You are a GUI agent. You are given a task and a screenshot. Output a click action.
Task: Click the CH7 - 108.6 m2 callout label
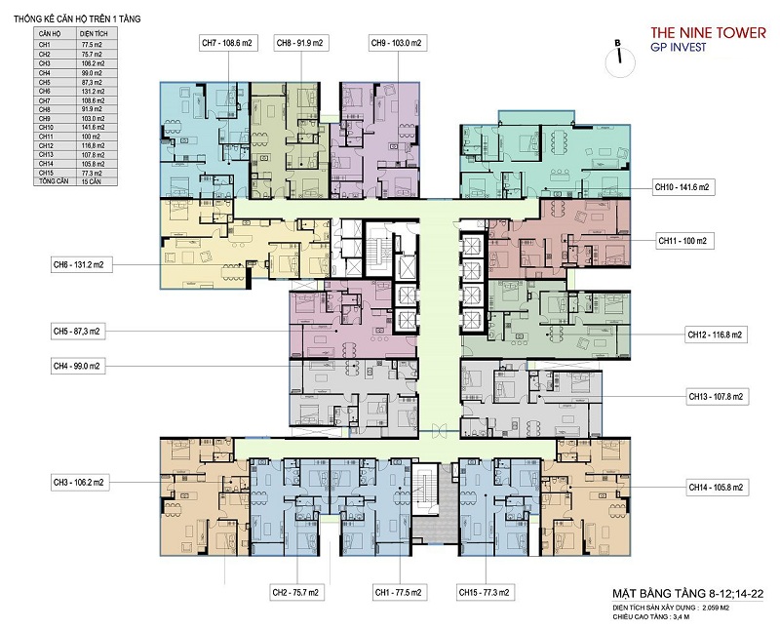coord(227,43)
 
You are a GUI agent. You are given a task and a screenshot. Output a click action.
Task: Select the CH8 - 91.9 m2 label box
coord(301,43)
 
